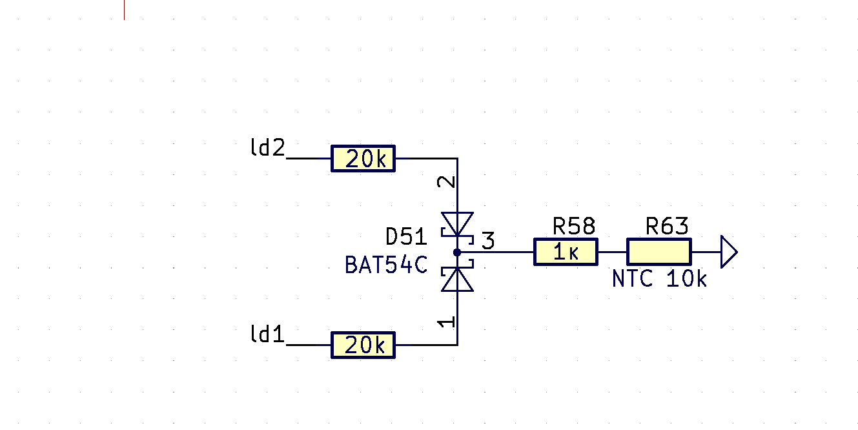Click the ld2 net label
pos(267,148)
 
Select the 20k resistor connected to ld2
pos(363,158)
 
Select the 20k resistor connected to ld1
pos(363,345)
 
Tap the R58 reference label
pos(573,226)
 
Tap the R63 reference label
pos(667,226)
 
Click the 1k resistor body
pos(566,252)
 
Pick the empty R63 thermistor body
pos(659,252)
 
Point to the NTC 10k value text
pos(659,279)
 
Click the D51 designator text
pos(406,237)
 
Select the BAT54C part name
pos(386,265)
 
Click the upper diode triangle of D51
pos(457,223)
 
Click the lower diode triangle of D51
pos(457,280)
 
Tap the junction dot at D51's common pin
pos(457,252)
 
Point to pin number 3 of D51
pos(488,241)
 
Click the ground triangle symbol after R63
pos(728,252)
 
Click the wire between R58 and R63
pos(612,252)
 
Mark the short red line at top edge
pos(124,9)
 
